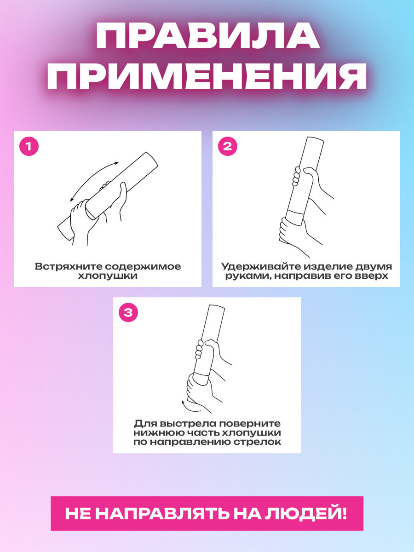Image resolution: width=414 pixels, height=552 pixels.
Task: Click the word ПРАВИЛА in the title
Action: pos(207,36)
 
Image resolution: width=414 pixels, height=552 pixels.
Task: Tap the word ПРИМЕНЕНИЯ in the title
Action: pos(207,75)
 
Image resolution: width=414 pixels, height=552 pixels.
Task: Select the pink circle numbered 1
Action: pos(29,146)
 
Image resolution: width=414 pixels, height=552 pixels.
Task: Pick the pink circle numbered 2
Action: pos(228,146)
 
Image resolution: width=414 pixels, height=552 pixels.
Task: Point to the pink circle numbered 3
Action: pos(128,312)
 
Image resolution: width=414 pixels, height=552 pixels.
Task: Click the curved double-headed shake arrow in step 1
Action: pos(90,176)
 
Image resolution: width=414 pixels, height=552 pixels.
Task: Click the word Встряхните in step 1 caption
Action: pos(69,266)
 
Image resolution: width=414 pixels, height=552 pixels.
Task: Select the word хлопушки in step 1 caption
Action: pos(108,276)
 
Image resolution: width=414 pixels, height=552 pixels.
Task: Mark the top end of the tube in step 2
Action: pos(316,139)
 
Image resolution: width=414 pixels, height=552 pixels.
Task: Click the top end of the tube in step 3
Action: pos(216,307)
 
